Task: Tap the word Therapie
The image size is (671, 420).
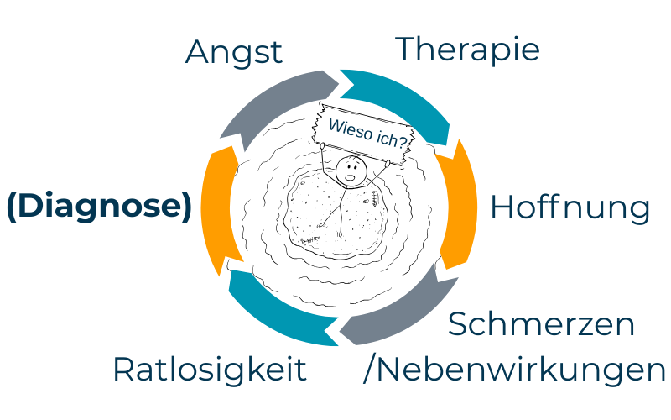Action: [467, 50]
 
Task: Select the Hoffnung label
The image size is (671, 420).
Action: [570, 208]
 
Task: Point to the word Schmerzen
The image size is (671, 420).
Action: [542, 324]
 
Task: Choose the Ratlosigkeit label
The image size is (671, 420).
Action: [210, 369]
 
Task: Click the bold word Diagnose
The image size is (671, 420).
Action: [99, 207]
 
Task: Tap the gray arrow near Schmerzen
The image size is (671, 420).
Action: [394, 315]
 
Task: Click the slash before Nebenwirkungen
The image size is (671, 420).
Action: [367, 370]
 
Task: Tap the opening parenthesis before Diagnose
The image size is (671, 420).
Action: [11, 207]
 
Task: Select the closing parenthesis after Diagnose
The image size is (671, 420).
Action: [186, 207]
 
